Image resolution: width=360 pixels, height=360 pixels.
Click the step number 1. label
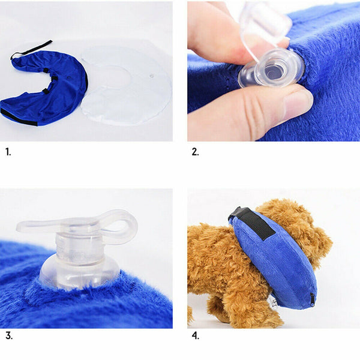pos(8,152)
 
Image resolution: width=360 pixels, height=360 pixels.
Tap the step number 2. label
pos(195,152)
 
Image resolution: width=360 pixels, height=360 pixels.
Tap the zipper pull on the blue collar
pos(313,298)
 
